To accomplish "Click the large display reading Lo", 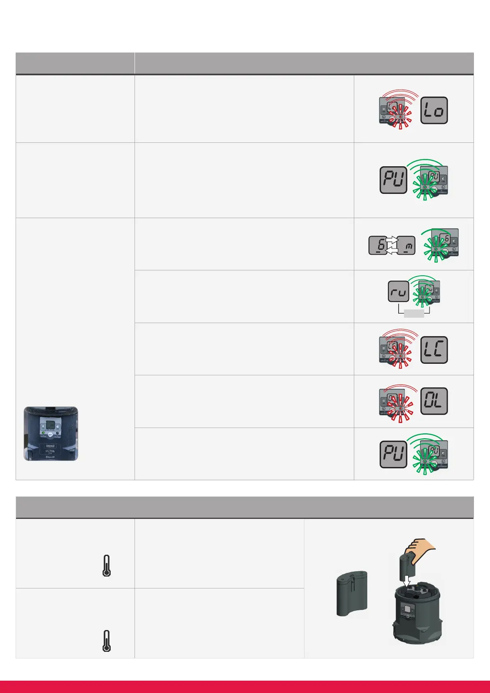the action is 434,110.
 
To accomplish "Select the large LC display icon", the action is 434,350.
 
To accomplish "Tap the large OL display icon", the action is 434,401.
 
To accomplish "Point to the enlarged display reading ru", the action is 398,292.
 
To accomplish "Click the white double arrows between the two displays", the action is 392,245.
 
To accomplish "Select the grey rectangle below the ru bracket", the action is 414,314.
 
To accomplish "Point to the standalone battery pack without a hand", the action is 352,594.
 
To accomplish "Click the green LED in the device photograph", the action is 43,433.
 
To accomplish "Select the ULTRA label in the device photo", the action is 50,451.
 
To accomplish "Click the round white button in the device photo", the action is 50,434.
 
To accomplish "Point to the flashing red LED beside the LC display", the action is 401,356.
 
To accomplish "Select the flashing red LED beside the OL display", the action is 401,407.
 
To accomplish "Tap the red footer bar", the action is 245,686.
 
